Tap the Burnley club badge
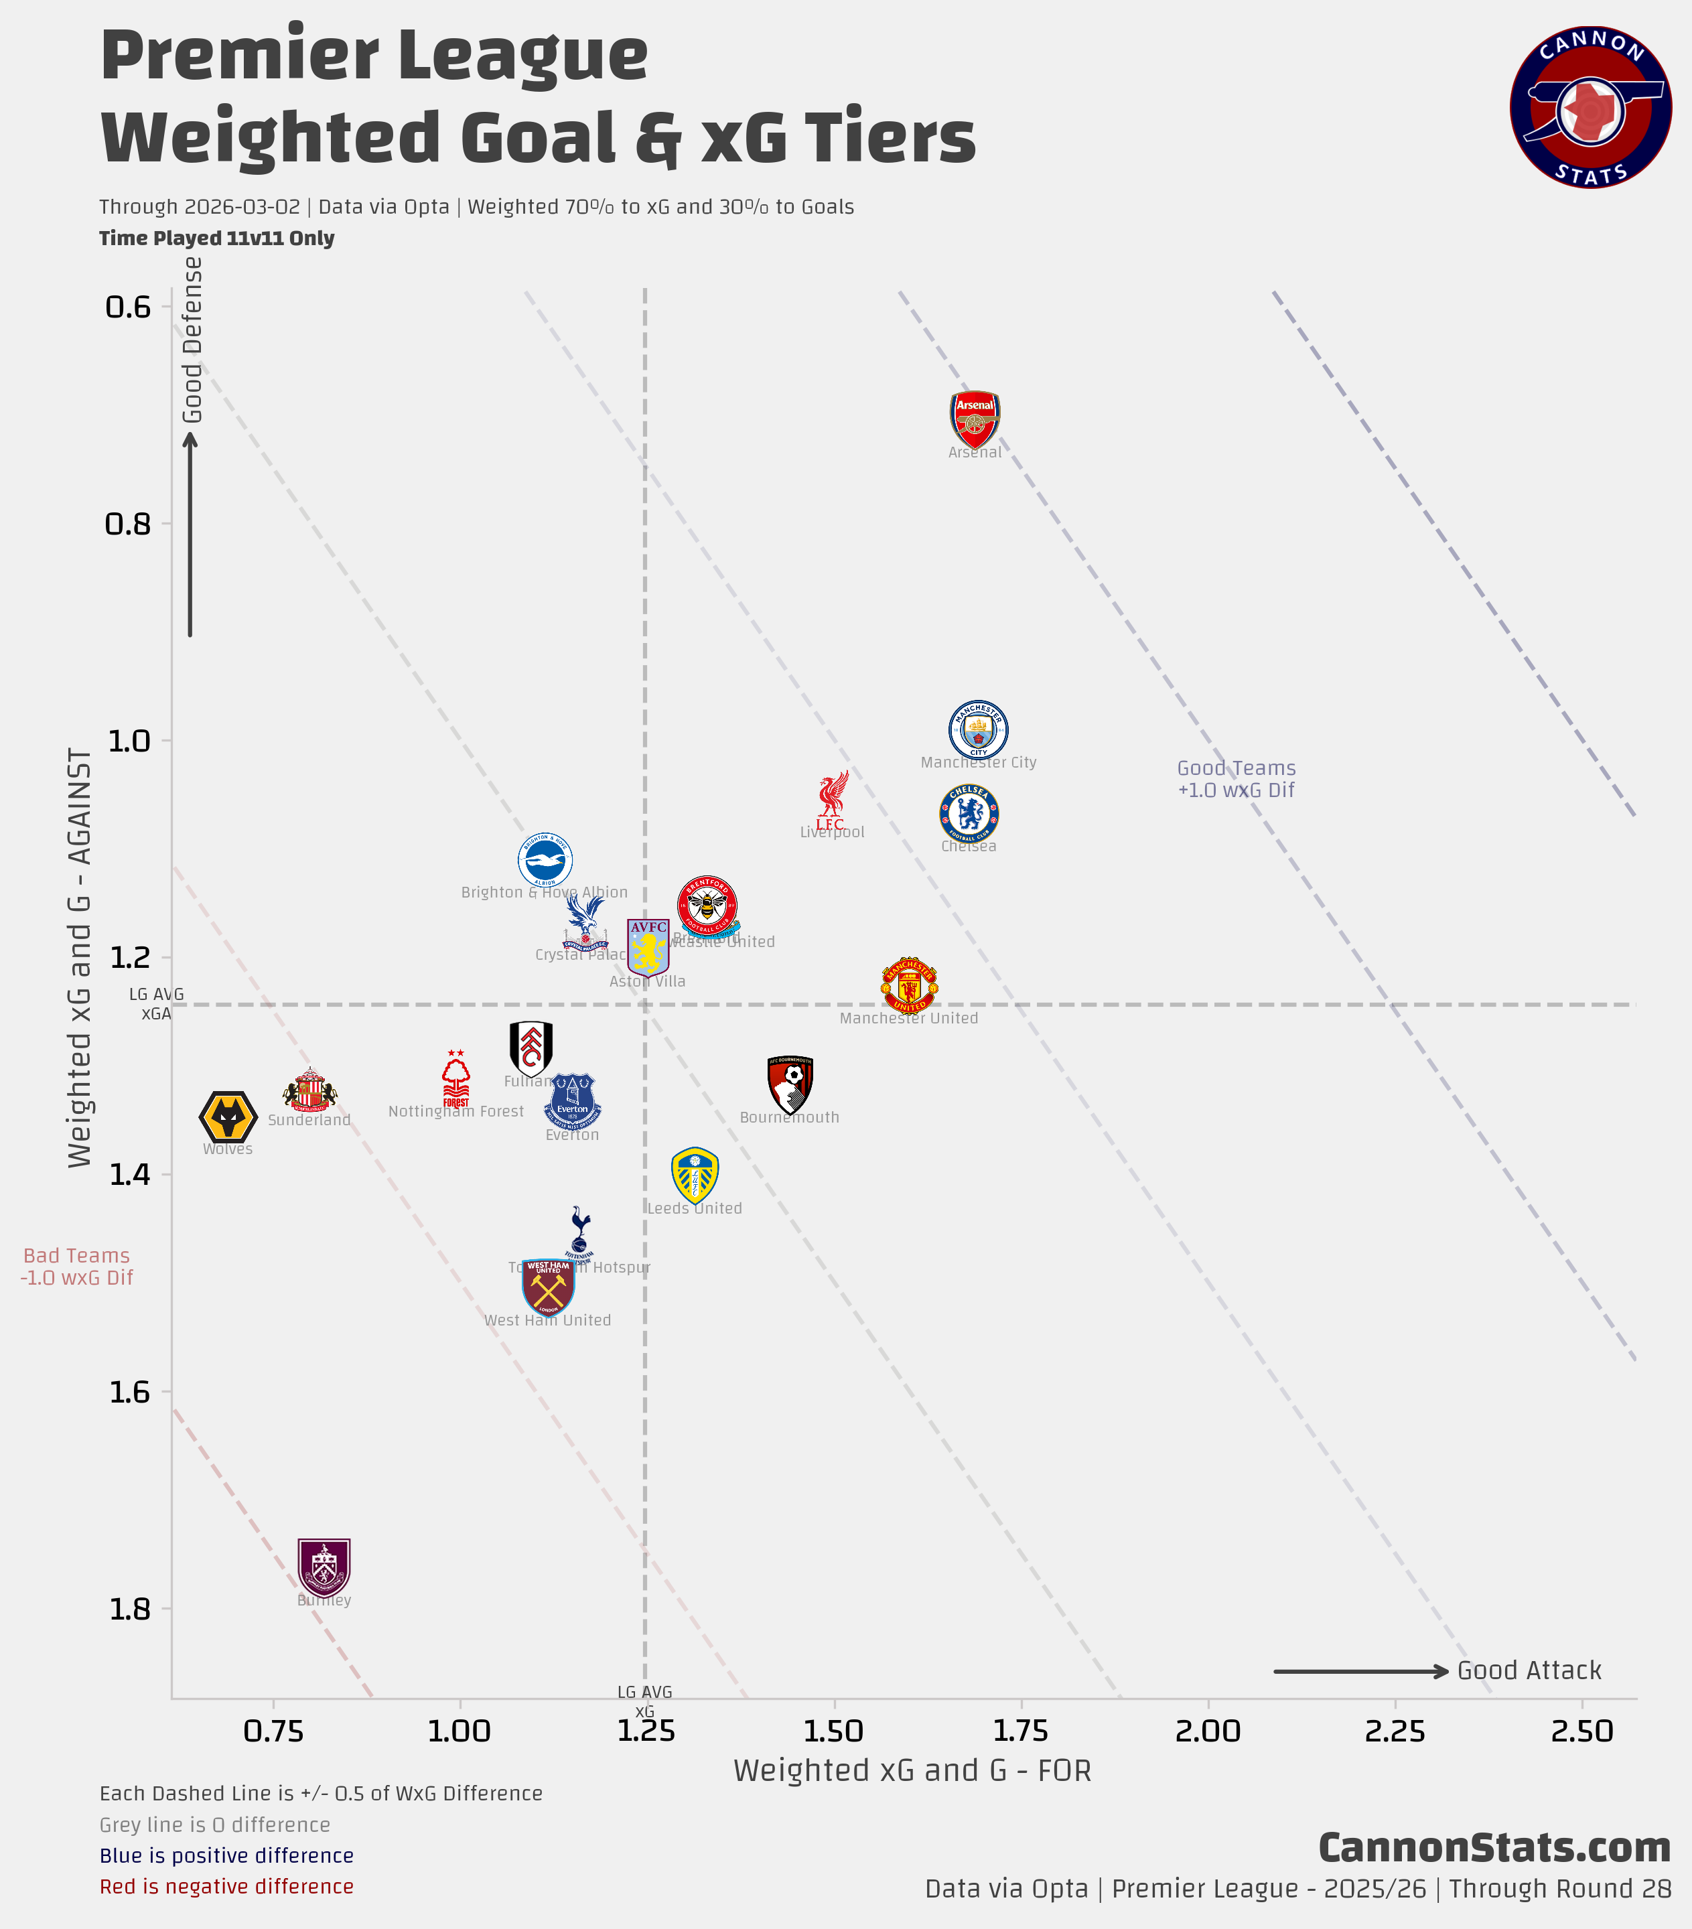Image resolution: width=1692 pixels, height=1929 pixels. [x=324, y=1567]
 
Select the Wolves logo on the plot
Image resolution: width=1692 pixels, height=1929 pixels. [x=228, y=1117]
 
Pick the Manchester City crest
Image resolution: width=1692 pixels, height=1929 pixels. [x=979, y=729]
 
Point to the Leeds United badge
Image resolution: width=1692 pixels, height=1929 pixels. [x=695, y=1175]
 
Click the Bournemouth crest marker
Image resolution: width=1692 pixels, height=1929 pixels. [x=790, y=1084]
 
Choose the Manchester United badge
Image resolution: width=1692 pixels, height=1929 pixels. [x=909, y=985]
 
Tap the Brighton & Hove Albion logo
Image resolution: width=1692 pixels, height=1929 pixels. [x=545, y=860]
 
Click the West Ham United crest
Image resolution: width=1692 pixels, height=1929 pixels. [x=549, y=1285]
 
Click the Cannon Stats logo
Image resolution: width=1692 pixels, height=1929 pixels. [x=1591, y=106]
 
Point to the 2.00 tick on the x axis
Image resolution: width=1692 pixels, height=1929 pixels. [x=1208, y=1731]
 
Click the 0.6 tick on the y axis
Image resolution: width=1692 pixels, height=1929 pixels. [x=129, y=307]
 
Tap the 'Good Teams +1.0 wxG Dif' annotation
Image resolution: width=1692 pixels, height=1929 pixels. [x=1237, y=778]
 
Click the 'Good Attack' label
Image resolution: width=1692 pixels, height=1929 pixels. [x=1529, y=1670]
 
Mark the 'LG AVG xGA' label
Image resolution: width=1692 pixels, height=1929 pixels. [x=157, y=1003]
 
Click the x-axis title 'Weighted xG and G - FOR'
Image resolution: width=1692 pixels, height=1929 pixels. [x=912, y=1770]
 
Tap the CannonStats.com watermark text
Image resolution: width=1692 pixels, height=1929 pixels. [x=1494, y=1848]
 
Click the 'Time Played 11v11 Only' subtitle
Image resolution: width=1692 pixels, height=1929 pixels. [x=217, y=238]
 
